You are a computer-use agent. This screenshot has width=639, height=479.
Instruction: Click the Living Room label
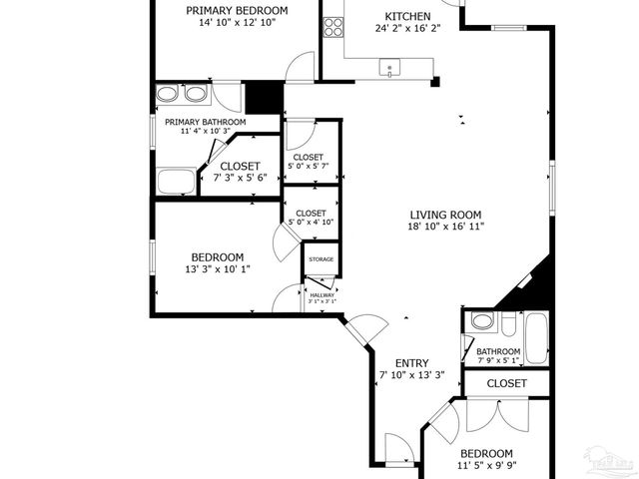coord(445,215)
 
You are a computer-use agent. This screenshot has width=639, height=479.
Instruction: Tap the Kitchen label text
coord(407,17)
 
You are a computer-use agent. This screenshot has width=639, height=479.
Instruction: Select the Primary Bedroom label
coord(237,11)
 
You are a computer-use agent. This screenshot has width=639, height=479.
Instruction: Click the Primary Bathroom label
coord(205,122)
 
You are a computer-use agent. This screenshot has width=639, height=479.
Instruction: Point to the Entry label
coord(411,363)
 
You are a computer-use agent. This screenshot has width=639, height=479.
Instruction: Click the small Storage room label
coord(320,259)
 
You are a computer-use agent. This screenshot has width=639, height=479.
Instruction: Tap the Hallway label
coord(321,295)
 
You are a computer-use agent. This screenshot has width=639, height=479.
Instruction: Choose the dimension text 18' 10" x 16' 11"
coord(445,228)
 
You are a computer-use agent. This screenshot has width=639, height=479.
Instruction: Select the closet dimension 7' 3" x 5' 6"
coord(240,178)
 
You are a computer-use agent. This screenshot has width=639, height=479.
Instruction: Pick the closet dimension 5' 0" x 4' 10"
coord(311,223)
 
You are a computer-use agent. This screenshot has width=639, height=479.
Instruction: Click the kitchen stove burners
coord(333,26)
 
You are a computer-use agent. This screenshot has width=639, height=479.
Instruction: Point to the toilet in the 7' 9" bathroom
coord(482,322)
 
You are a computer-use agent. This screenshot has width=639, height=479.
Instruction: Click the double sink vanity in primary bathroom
coord(183,95)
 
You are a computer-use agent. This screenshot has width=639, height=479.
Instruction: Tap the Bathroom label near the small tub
coord(497,352)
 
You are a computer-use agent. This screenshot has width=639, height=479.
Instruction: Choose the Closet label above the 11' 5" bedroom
coord(506,383)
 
